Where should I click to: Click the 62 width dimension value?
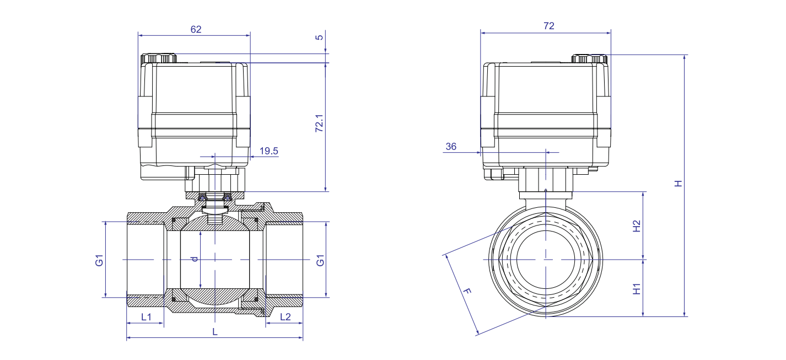click(x=196, y=29)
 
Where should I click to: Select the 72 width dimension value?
click(x=549, y=26)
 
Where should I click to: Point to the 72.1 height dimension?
click(x=319, y=123)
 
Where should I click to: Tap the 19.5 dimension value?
click(x=269, y=151)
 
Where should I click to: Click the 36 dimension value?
click(x=451, y=147)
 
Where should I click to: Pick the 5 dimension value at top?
click(x=319, y=37)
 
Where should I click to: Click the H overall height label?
click(x=679, y=184)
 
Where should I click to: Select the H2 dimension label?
click(x=637, y=226)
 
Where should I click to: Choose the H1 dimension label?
click(x=637, y=289)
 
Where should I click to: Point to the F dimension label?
click(x=467, y=291)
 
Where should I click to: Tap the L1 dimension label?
click(x=146, y=317)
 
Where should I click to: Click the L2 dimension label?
click(x=286, y=317)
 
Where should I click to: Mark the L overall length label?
click(x=215, y=332)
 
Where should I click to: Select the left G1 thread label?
click(x=99, y=260)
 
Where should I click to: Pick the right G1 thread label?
click(x=320, y=260)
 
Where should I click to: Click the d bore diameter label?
click(x=195, y=259)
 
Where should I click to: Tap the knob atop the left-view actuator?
click(x=159, y=58)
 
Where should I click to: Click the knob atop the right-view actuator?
click(x=590, y=59)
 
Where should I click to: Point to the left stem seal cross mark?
click(x=202, y=198)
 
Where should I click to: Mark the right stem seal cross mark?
click(x=228, y=198)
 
